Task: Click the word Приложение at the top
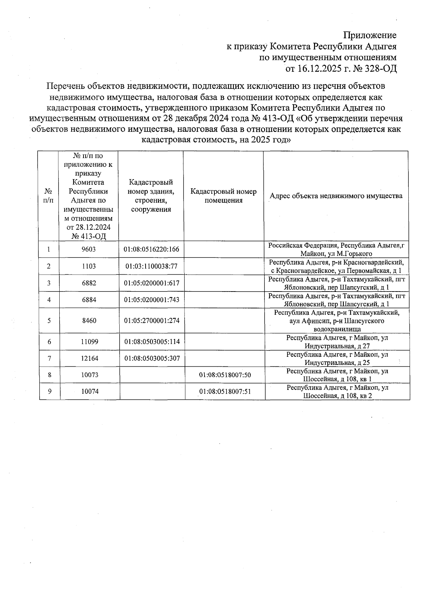370,35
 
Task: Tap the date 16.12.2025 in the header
319,68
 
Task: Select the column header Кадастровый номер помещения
223,196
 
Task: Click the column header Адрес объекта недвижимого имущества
336,196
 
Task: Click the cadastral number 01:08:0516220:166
151,249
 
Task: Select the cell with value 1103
89,266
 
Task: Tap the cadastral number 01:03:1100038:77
151,266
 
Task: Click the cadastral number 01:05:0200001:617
152,283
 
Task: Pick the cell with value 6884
89,300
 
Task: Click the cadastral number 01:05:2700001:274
152,321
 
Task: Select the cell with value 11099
89,342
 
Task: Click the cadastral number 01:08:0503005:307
152,359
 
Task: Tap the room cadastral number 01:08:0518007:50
225,375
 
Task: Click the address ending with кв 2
337,392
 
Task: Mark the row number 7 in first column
49,359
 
